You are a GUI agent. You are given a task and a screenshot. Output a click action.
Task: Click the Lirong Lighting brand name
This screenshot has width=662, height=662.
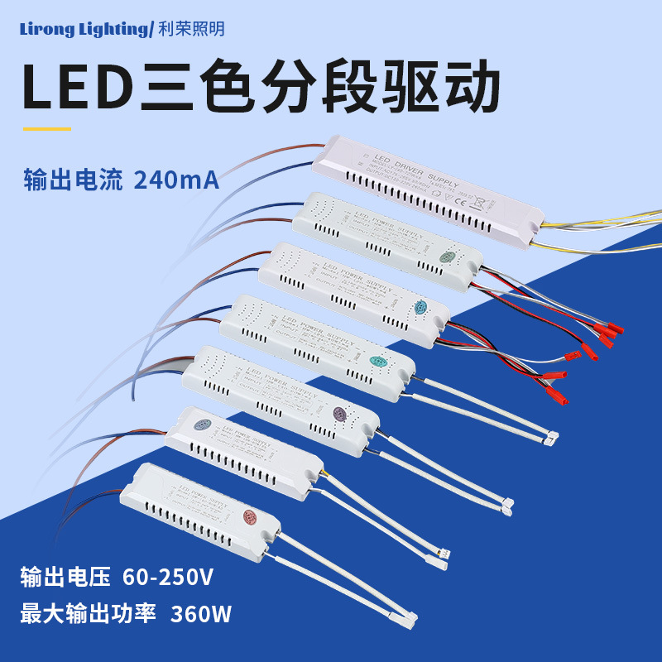point(84,30)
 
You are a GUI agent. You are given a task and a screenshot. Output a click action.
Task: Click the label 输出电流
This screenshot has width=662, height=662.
point(73,180)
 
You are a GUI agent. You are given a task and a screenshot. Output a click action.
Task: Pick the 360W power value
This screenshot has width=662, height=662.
point(200,614)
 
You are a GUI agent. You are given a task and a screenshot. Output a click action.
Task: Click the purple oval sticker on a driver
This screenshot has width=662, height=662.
point(338,413)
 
